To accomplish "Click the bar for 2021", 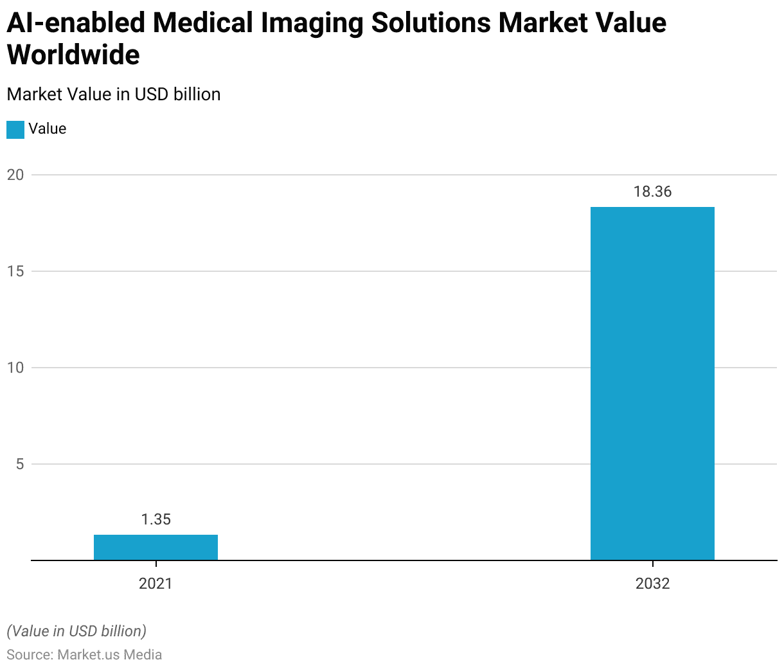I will coord(156,548).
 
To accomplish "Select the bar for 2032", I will coord(652,384).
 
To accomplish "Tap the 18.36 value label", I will coord(652,192).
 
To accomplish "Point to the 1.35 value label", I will coord(156,519).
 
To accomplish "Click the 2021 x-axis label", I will coord(156,584).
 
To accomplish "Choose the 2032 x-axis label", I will coord(652,584).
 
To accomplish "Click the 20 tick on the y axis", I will coord(15,175).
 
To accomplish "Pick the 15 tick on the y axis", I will coord(15,271).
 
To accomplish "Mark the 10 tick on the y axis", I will coord(15,368).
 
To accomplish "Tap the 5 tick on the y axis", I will coord(20,464).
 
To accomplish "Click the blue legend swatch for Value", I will coord(15,129).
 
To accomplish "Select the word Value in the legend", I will coord(48,129).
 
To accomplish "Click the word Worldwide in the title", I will coord(73,55).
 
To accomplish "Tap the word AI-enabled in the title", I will coord(76,23).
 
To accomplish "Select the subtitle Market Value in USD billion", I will coord(114,94).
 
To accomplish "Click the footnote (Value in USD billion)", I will coord(76,631).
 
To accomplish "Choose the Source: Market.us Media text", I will coord(84,655).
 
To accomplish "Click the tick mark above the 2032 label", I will coord(652,564).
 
